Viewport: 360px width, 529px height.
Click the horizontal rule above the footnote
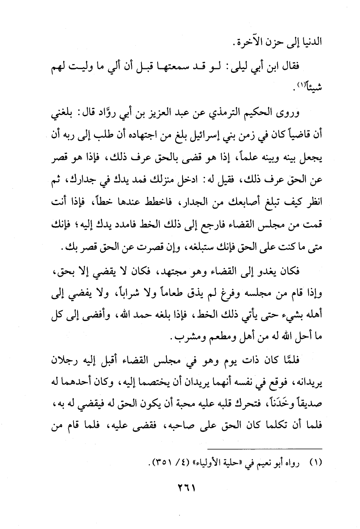(x=264, y=449)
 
